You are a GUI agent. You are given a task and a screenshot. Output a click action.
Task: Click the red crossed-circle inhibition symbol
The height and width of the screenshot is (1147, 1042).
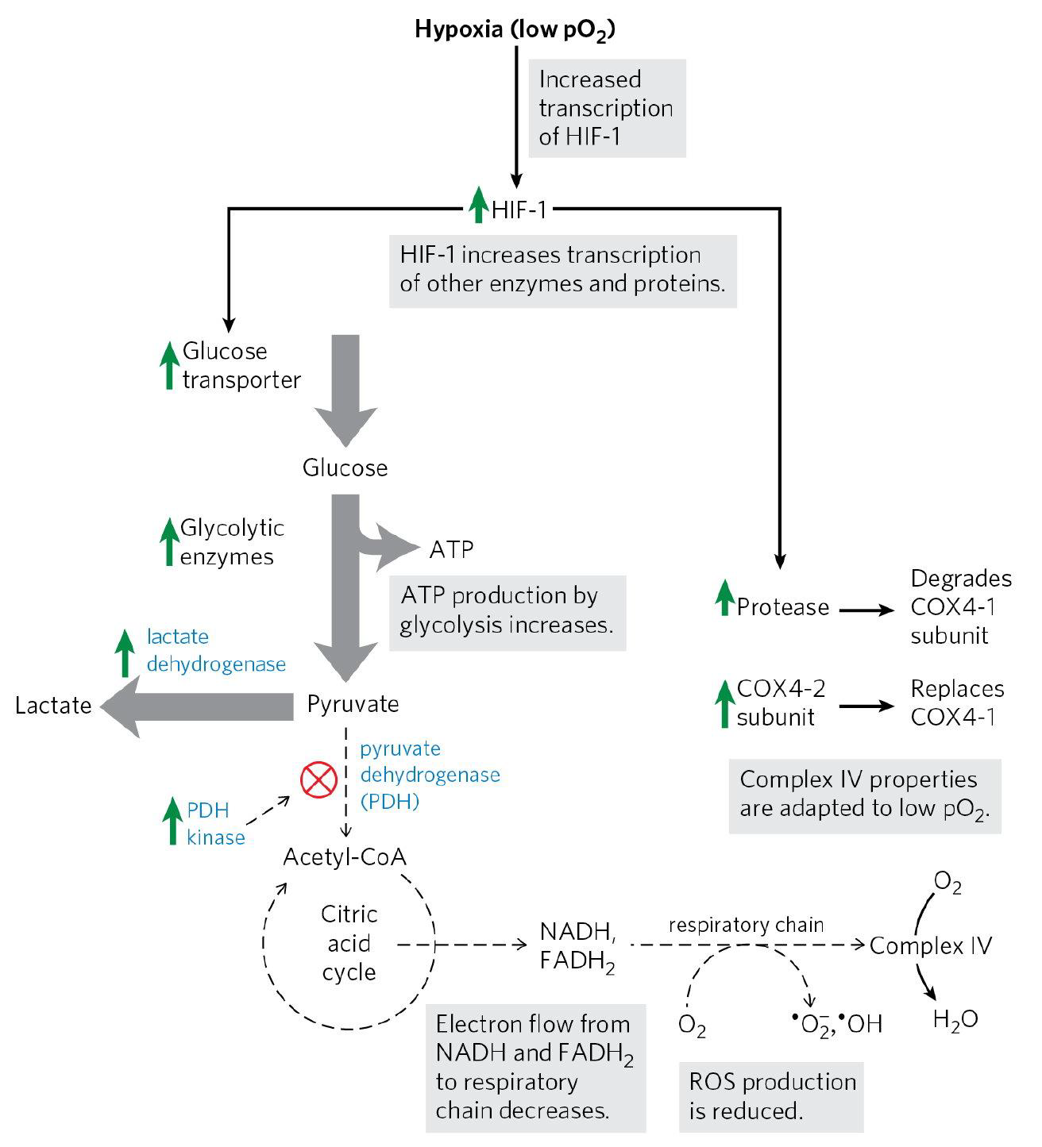click(x=319, y=780)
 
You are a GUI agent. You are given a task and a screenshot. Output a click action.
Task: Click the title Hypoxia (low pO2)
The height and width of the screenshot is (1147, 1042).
click(x=516, y=30)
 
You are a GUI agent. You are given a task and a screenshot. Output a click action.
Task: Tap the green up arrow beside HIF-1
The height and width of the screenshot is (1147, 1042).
click(x=477, y=205)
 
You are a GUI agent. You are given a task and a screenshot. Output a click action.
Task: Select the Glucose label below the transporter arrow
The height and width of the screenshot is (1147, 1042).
click(x=345, y=468)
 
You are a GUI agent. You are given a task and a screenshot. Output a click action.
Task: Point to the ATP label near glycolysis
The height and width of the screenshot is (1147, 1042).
click(x=452, y=548)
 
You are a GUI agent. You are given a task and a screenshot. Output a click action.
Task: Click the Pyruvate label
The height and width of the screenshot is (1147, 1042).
click(x=353, y=704)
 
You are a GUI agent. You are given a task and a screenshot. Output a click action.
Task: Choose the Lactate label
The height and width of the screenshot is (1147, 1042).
click(x=53, y=706)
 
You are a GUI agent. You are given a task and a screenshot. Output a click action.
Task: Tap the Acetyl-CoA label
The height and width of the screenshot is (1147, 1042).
click(x=345, y=857)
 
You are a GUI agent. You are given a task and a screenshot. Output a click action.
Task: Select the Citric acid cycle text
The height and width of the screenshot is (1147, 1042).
click(x=349, y=944)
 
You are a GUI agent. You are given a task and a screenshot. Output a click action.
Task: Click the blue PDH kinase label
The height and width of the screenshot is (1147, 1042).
click(x=215, y=823)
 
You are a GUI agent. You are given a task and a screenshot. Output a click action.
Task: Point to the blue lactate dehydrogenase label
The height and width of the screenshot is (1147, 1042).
click(x=216, y=650)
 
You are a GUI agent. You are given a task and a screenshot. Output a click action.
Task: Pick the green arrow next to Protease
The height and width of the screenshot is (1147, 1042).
click(x=723, y=599)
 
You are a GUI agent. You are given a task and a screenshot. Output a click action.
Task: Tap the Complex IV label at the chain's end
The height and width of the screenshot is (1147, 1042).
click(x=930, y=945)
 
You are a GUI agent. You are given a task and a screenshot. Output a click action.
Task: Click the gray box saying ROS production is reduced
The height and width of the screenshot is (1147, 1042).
click(x=771, y=1095)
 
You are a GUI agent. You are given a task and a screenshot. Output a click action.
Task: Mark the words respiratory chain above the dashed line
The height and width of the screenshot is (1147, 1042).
click(x=746, y=925)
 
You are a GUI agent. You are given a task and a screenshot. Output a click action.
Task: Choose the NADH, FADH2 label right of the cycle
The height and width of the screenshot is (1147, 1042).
click(x=577, y=945)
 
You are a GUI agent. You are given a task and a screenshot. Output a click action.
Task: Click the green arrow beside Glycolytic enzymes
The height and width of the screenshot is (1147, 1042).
click(x=168, y=541)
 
